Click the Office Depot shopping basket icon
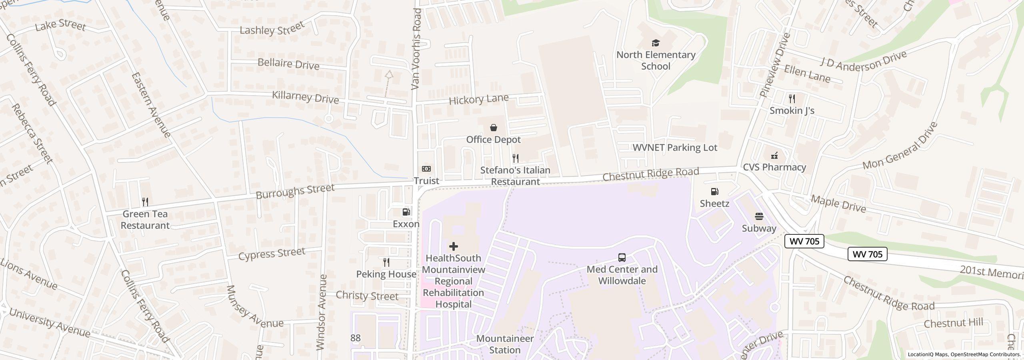coord(494,128)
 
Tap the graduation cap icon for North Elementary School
coord(656,43)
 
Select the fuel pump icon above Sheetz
coord(714,192)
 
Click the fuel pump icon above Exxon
coord(406,212)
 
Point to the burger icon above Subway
coord(759,217)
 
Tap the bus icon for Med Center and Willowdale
coord(622,258)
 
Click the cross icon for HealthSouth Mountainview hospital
coord(453,246)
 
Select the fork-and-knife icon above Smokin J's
coord(792,99)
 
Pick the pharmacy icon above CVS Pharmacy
coord(774,156)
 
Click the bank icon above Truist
coord(426,169)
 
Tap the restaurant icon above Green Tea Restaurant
coord(145,202)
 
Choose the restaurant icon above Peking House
coord(386,262)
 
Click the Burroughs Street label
coord(295,191)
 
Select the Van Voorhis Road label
coord(416,49)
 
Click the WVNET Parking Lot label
coord(675,148)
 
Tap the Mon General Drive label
coord(900,146)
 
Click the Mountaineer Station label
coord(505,344)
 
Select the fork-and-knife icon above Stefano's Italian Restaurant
coord(516,159)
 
